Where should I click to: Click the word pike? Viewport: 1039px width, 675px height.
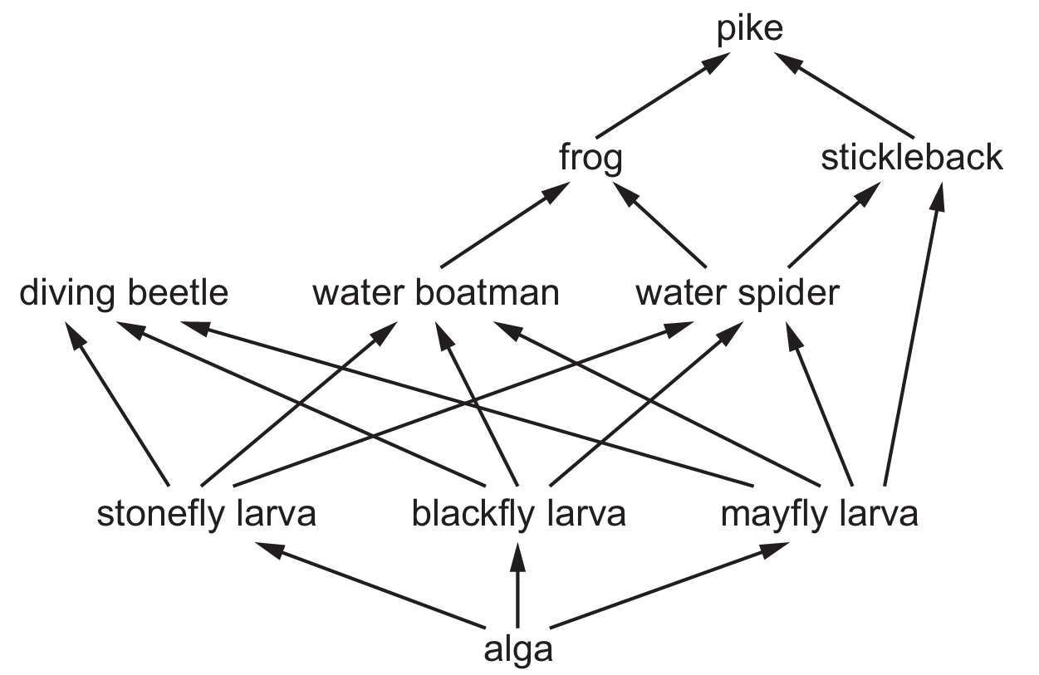750,30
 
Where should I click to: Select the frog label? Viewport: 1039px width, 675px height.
591,158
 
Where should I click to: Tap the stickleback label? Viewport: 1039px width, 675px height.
911,158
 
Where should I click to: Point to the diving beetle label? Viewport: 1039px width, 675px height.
124,293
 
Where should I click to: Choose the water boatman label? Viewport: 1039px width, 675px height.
436,293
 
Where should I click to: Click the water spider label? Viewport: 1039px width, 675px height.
737,293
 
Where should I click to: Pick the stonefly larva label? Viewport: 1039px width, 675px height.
207,515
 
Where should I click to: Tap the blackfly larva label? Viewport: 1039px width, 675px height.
518,515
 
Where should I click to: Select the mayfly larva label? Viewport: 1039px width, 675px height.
819,515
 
